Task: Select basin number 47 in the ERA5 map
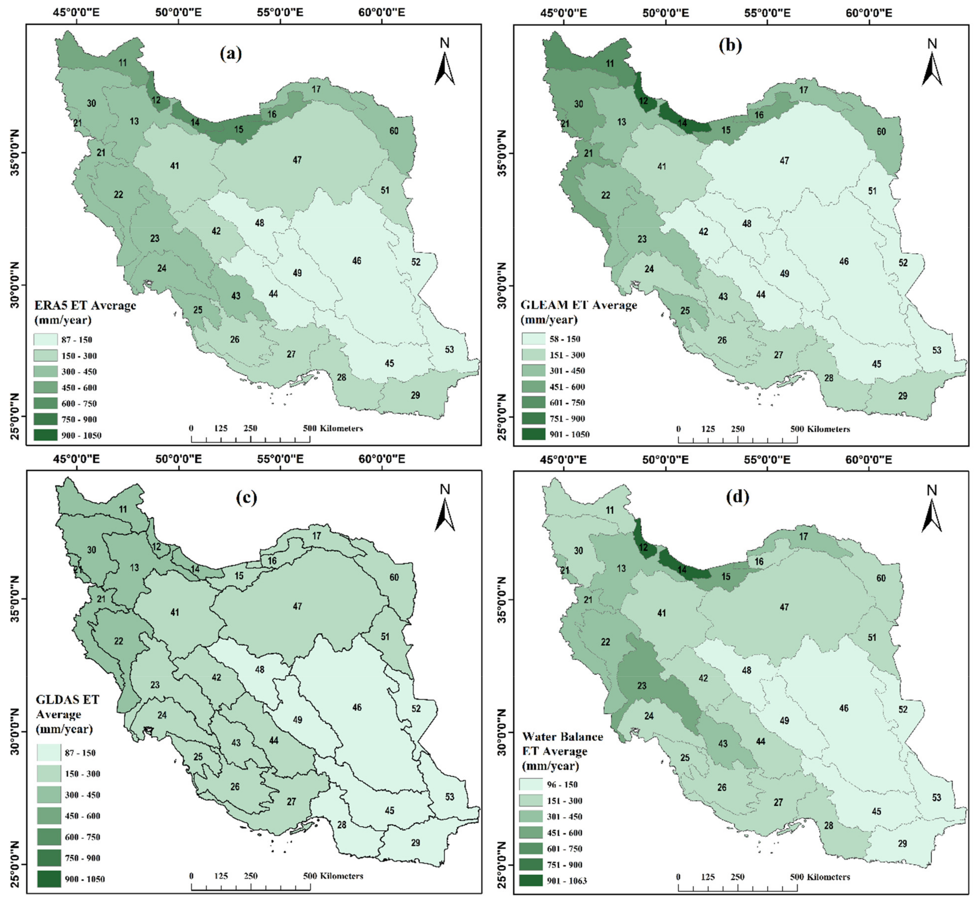(x=297, y=160)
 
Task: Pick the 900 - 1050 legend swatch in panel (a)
(x=45, y=435)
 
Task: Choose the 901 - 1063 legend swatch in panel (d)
(x=531, y=880)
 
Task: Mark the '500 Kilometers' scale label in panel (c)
(x=333, y=876)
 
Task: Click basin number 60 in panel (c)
(x=394, y=577)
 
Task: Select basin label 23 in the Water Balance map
(x=642, y=686)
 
